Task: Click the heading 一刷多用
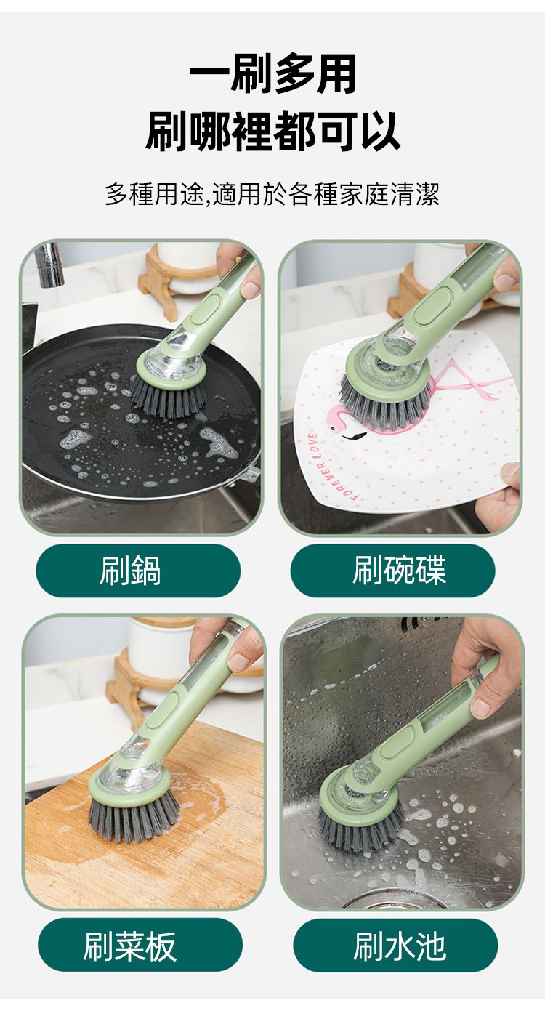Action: [272, 73]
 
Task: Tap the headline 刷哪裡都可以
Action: [272, 131]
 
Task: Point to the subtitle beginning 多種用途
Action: [272, 194]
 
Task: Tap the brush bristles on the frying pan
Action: [169, 396]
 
